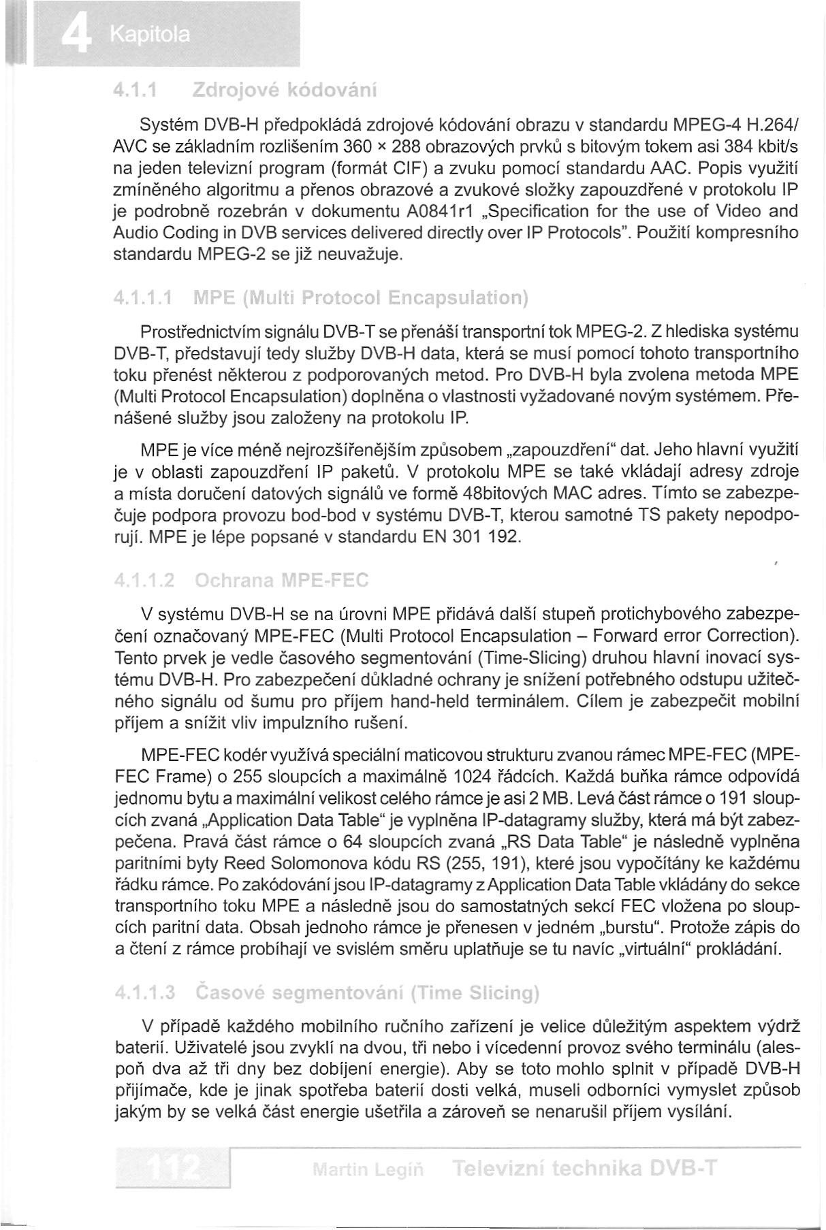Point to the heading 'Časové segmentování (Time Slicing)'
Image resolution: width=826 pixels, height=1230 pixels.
pos(367,992)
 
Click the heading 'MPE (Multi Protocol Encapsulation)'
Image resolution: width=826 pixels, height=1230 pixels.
pos(361,298)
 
